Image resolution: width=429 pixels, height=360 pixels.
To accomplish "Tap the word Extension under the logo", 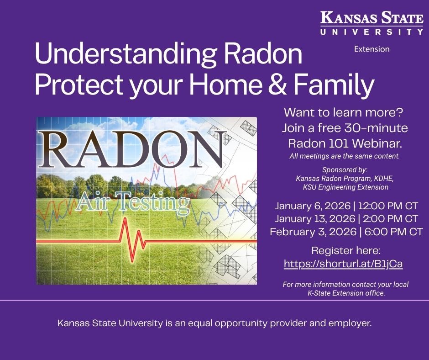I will click(x=372, y=49).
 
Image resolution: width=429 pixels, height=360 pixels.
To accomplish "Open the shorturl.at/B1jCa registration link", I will click(x=343, y=264).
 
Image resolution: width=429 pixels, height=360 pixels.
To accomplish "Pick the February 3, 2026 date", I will click(x=313, y=232).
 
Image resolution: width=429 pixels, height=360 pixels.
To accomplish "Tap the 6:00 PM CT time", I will click(x=393, y=232).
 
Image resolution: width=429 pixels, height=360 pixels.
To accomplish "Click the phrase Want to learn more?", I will click(x=345, y=112).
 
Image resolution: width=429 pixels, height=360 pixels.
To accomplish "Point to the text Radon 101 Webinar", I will click(x=345, y=143).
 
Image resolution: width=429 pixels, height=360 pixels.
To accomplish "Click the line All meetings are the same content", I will click(x=345, y=156).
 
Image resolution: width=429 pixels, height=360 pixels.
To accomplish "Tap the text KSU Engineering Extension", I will click(x=345, y=187).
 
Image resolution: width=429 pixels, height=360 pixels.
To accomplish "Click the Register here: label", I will click(x=345, y=250).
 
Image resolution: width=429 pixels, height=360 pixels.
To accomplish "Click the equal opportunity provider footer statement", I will click(x=214, y=323).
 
